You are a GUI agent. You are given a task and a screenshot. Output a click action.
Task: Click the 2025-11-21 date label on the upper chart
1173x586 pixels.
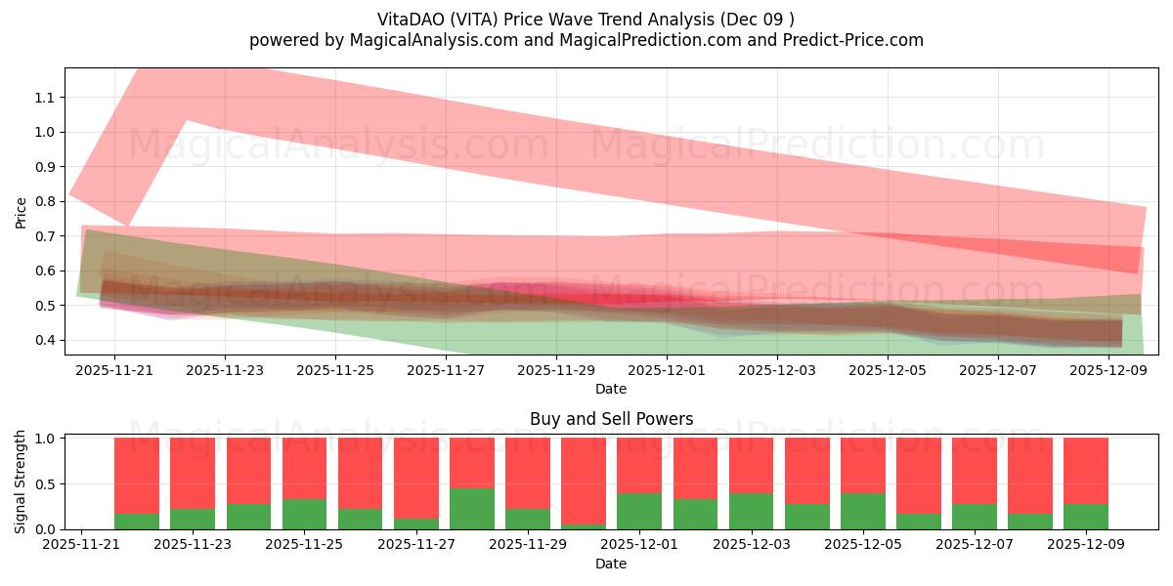(x=114, y=371)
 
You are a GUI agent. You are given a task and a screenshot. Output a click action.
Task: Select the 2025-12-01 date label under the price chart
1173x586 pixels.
(x=667, y=371)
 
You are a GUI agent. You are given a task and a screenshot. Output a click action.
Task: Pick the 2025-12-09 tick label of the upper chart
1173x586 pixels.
(x=1108, y=371)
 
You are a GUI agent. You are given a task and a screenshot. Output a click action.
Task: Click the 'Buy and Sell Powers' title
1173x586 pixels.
(x=611, y=419)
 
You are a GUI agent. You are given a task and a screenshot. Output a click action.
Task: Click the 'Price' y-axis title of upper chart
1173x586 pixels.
(x=21, y=212)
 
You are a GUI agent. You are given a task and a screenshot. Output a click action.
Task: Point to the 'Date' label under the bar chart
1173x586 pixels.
(x=611, y=564)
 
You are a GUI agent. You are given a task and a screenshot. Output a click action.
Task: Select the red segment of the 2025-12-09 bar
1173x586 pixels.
(x=1086, y=471)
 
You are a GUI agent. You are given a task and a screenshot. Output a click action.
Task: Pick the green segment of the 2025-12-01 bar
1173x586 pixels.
(x=639, y=511)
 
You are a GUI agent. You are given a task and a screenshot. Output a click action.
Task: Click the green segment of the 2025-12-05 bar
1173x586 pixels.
(x=863, y=511)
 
